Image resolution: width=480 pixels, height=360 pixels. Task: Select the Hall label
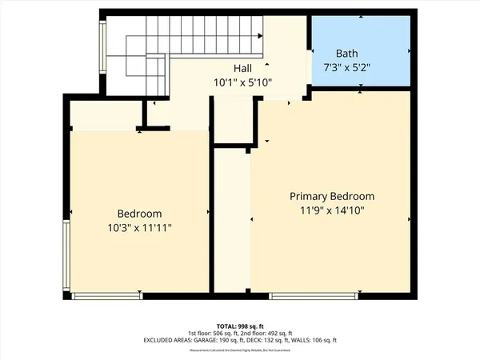click(x=243, y=69)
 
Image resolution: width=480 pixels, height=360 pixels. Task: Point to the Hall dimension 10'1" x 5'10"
click(x=243, y=82)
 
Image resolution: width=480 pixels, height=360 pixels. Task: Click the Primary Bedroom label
click(x=331, y=196)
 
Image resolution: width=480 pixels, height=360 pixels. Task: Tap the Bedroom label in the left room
click(x=139, y=214)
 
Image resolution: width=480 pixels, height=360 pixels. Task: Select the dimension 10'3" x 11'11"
click(x=139, y=227)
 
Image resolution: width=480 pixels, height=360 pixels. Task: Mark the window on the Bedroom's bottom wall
click(x=107, y=296)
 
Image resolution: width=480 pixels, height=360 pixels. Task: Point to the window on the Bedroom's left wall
click(x=67, y=256)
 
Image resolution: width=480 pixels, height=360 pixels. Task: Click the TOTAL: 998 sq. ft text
click(x=240, y=326)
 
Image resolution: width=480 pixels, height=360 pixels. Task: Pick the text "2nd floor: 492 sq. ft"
click(x=268, y=334)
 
